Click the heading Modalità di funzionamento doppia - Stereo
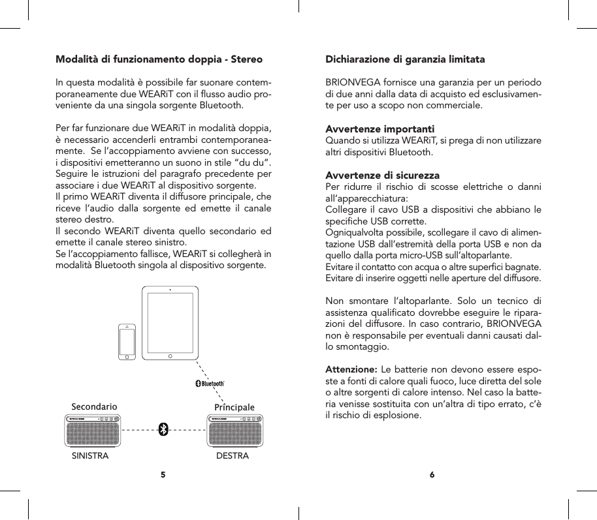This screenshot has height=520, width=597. tap(159, 59)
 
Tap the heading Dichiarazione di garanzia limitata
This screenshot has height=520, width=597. tap(405, 59)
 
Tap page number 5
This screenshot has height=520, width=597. tap(163, 474)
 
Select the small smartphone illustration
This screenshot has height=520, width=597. tap(127, 342)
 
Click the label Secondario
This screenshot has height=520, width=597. tap(94, 406)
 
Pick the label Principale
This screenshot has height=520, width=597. tap(234, 408)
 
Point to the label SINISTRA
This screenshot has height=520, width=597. tap(89, 456)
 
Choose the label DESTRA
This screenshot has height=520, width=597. tap(233, 456)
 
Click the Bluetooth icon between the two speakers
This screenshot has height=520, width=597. tap(164, 429)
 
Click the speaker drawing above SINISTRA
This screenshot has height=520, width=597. tap(94, 430)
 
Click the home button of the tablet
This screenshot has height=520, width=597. tap(170, 357)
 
